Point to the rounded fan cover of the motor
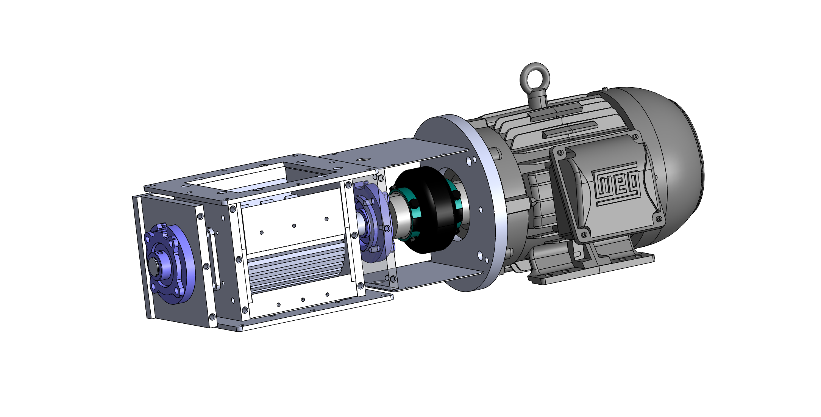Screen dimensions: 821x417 click(666, 167)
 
